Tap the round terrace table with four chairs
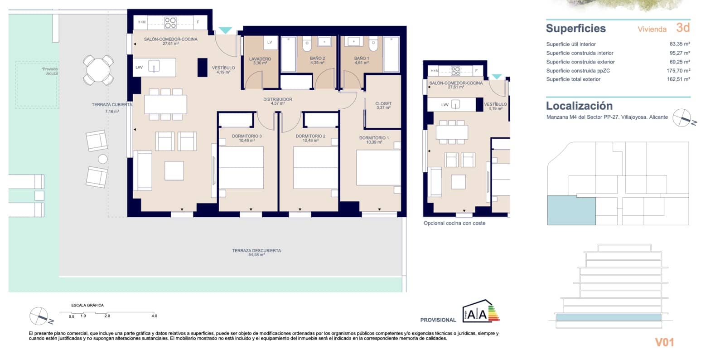click(98, 70)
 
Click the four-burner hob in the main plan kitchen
click(170, 22)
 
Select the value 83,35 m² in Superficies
click(679, 44)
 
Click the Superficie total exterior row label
click(573, 79)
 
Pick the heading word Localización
click(579, 106)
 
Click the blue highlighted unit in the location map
click(571, 210)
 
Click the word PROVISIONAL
click(438, 320)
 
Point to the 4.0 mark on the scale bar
click(154, 316)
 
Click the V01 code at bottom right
click(664, 342)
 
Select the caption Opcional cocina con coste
click(454, 223)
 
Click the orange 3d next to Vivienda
click(682, 28)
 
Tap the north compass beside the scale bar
click(39, 316)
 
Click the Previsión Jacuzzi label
click(50, 71)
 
